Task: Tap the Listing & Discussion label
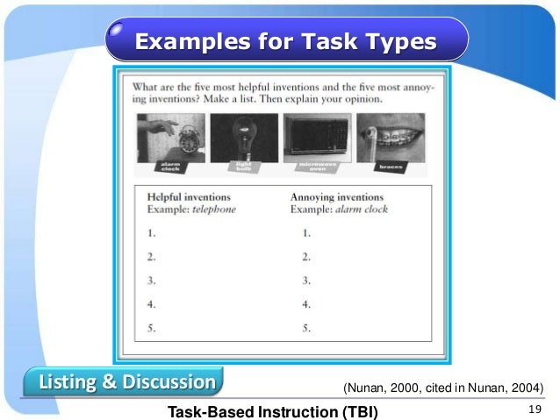(126, 383)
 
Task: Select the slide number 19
(532, 409)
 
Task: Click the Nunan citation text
(442, 388)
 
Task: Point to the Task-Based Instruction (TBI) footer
(273, 410)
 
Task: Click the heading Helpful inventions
(189, 197)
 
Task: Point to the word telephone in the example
(214, 210)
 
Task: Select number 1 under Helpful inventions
(152, 234)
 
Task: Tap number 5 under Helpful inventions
(152, 329)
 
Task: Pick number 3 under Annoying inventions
(306, 281)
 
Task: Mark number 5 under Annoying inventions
(306, 329)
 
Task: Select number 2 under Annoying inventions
(306, 258)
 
